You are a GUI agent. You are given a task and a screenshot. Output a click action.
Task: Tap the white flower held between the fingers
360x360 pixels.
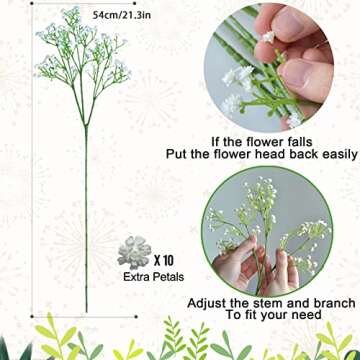(269, 36)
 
